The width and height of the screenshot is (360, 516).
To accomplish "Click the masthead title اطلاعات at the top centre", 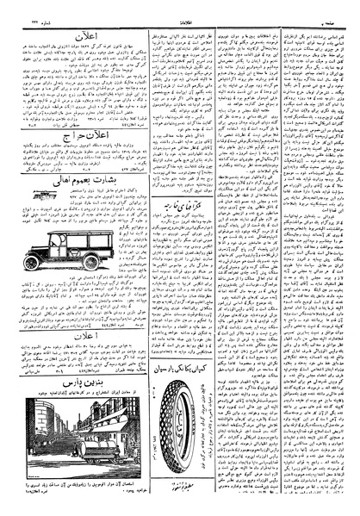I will pos(179,10).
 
